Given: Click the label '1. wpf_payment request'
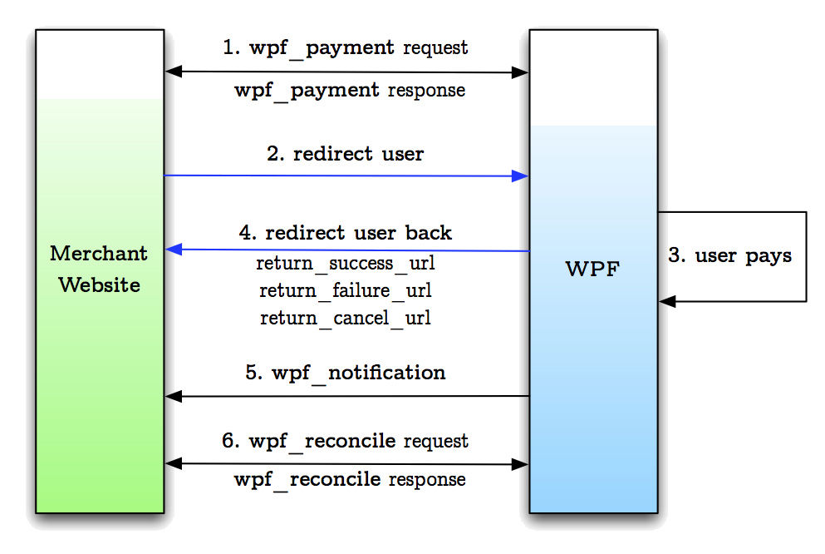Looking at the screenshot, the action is (345, 48).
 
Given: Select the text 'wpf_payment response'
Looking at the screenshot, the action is (350, 91).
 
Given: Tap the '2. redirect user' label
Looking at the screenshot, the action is (345, 154).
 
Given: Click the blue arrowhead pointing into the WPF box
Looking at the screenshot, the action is (520, 176).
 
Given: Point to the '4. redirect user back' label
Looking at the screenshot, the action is (345, 232).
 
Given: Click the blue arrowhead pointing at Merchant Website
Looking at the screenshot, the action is (174, 249).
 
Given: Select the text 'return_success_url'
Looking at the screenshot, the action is (345, 264).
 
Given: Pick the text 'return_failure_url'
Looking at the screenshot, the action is (345, 290).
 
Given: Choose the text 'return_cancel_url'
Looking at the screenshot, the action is (345, 318).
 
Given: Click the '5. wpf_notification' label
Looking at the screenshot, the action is (345, 373).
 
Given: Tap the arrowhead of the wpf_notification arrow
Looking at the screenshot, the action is (174, 396).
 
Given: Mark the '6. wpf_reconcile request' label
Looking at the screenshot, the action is (345, 441).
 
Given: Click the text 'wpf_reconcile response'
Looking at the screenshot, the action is (350, 480).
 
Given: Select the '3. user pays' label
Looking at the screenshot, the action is (729, 256).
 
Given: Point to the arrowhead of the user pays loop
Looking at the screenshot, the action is (668, 301).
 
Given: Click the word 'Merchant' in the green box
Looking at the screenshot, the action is (99, 254).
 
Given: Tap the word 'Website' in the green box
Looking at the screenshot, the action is (100, 284).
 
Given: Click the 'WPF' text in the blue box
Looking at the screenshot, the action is (593, 270).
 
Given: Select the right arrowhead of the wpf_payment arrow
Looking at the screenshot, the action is (520, 72).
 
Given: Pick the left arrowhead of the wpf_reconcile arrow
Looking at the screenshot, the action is (174, 463).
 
